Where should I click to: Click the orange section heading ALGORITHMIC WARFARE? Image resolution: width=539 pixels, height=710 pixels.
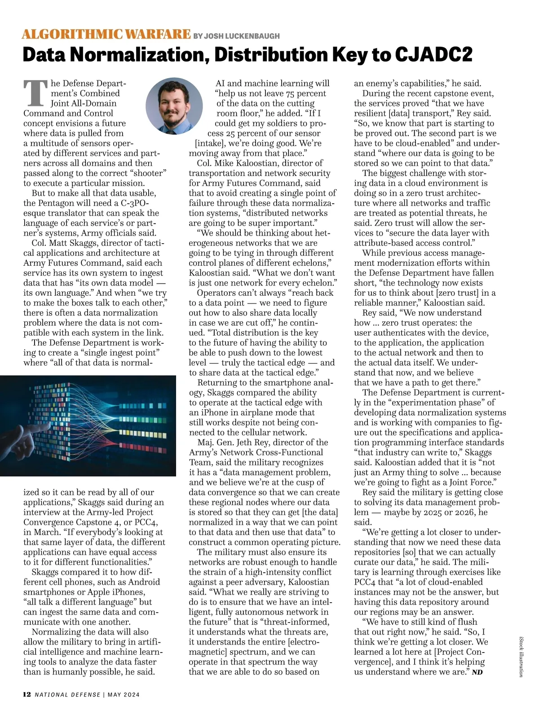click(x=106, y=34)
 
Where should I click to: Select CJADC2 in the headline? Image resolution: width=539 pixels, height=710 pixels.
click(x=433, y=55)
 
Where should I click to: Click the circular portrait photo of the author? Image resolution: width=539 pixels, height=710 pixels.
click(x=174, y=106)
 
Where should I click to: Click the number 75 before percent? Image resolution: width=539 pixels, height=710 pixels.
click(x=290, y=93)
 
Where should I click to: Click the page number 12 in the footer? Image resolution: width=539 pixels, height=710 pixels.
click(x=27, y=694)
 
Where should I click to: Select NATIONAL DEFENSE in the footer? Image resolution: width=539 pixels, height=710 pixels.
click(x=67, y=695)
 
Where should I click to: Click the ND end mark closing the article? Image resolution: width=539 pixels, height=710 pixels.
click(x=477, y=672)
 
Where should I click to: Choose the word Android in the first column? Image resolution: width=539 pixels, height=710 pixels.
click(x=144, y=582)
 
